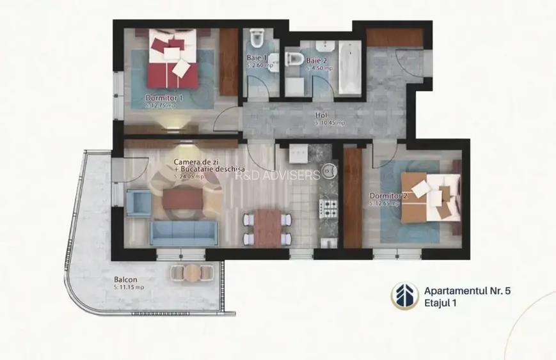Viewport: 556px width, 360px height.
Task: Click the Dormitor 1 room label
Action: (164, 98)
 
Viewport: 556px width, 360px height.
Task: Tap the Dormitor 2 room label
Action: (388, 196)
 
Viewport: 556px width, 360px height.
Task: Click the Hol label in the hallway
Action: (321, 116)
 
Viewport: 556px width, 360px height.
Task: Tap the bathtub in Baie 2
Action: (349, 68)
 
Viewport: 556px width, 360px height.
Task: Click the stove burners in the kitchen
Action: (328, 207)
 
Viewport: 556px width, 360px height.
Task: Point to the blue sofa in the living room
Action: (182, 233)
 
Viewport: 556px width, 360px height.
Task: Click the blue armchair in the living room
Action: (138, 201)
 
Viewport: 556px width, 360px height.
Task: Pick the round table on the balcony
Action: (190, 272)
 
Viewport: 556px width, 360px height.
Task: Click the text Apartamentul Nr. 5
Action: (467, 290)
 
